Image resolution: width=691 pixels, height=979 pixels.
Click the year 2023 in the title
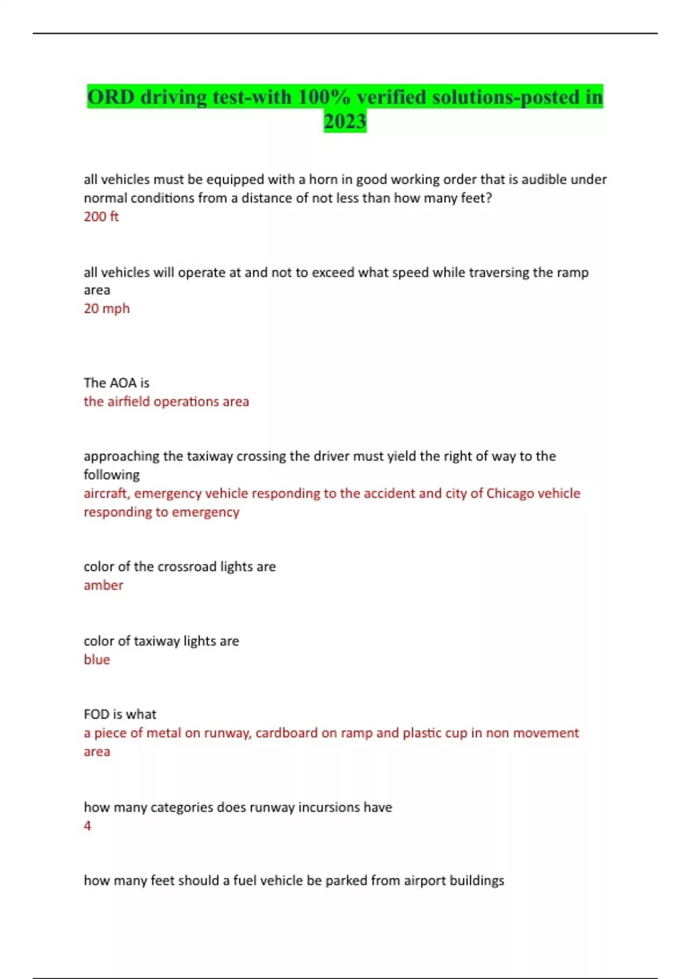[x=345, y=122]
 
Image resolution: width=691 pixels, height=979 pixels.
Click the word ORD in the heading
[x=111, y=97]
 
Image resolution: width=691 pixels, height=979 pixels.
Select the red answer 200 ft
[x=101, y=217]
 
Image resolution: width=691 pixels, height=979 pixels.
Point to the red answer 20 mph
[x=107, y=309]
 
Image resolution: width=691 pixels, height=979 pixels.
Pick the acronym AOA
[x=122, y=383]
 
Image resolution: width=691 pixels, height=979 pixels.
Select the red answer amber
[x=103, y=585]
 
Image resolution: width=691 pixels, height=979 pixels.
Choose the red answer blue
[x=97, y=659]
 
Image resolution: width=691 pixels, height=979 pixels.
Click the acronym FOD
[x=95, y=715]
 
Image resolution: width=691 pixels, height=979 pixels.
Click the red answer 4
[x=88, y=826]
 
